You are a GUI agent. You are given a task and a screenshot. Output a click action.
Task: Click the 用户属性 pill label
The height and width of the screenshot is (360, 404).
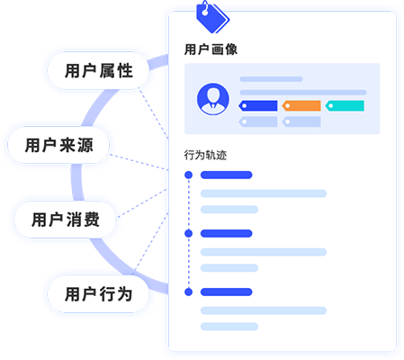99,71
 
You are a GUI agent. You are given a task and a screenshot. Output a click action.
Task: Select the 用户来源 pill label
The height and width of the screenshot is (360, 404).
59,145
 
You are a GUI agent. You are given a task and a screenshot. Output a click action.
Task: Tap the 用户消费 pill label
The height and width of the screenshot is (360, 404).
66,220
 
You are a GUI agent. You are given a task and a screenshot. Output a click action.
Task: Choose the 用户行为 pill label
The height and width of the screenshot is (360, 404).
99,294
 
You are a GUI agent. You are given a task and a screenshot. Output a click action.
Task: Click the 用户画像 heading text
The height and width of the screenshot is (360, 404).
211,49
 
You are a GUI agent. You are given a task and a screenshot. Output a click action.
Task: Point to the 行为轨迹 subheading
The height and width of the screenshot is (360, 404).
205,155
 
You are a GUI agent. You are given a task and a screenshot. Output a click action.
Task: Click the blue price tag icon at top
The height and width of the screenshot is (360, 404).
212,17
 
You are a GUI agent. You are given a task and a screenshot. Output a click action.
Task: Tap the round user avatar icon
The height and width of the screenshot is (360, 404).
213,99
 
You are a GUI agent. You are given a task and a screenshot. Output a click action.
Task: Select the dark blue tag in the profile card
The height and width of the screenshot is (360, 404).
258,106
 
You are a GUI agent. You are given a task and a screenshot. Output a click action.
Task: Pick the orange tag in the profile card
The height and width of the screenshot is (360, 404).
301,106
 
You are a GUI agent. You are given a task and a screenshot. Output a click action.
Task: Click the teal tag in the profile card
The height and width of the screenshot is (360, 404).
345,106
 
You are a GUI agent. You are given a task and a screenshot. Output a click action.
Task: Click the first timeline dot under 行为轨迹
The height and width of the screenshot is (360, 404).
189,175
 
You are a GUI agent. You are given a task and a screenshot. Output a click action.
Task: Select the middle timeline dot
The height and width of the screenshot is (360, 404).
189,233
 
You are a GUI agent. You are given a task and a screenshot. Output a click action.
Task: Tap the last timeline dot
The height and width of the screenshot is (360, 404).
189,292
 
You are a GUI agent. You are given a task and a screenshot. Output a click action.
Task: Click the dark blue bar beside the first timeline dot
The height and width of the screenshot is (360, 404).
227,175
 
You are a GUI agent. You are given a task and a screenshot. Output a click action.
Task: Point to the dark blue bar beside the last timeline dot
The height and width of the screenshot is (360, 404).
227,292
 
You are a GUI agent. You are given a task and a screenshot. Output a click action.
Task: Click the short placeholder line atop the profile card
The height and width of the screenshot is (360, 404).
271,79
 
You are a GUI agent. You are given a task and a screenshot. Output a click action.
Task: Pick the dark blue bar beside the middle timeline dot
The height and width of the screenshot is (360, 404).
227,233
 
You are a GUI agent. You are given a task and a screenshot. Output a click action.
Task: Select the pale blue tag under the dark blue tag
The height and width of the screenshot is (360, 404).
258,121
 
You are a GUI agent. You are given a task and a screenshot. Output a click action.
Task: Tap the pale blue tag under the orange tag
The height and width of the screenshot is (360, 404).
301,121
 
